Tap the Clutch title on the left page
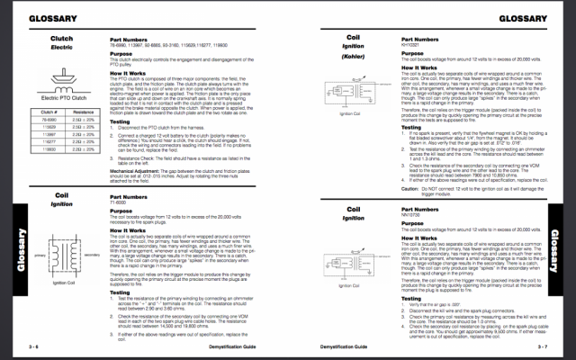pos(62,40)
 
